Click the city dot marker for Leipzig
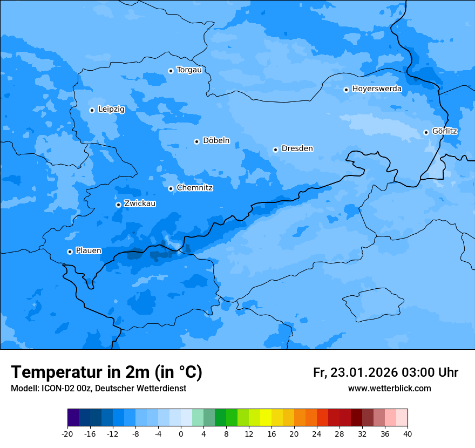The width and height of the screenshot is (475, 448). pyautogui.click(x=92, y=110)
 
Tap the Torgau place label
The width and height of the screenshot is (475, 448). pyautogui.click(x=189, y=70)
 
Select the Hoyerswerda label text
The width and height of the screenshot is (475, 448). pyautogui.click(x=377, y=89)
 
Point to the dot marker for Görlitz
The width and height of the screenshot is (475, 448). pyautogui.click(x=426, y=132)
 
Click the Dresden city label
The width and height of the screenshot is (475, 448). pyautogui.click(x=297, y=148)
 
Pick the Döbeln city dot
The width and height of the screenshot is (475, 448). pyautogui.click(x=196, y=141)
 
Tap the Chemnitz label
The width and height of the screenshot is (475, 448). pyautogui.click(x=194, y=188)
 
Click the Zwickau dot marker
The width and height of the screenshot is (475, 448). pyautogui.click(x=118, y=205)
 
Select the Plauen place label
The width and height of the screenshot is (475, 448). pyautogui.click(x=89, y=251)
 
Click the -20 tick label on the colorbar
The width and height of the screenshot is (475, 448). pyautogui.click(x=67, y=433)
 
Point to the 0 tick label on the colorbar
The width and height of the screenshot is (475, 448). pyautogui.click(x=181, y=433)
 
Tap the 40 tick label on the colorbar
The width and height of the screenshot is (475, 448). pyautogui.click(x=408, y=433)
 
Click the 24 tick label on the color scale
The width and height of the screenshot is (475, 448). pyautogui.click(x=317, y=433)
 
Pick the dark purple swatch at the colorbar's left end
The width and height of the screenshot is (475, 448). pyautogui.click(x=73, y=418)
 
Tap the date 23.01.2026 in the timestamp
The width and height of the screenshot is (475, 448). pyautogui.click(x=364, y=372)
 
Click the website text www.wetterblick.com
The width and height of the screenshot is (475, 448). pyautogui.click(x=389, y=388)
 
